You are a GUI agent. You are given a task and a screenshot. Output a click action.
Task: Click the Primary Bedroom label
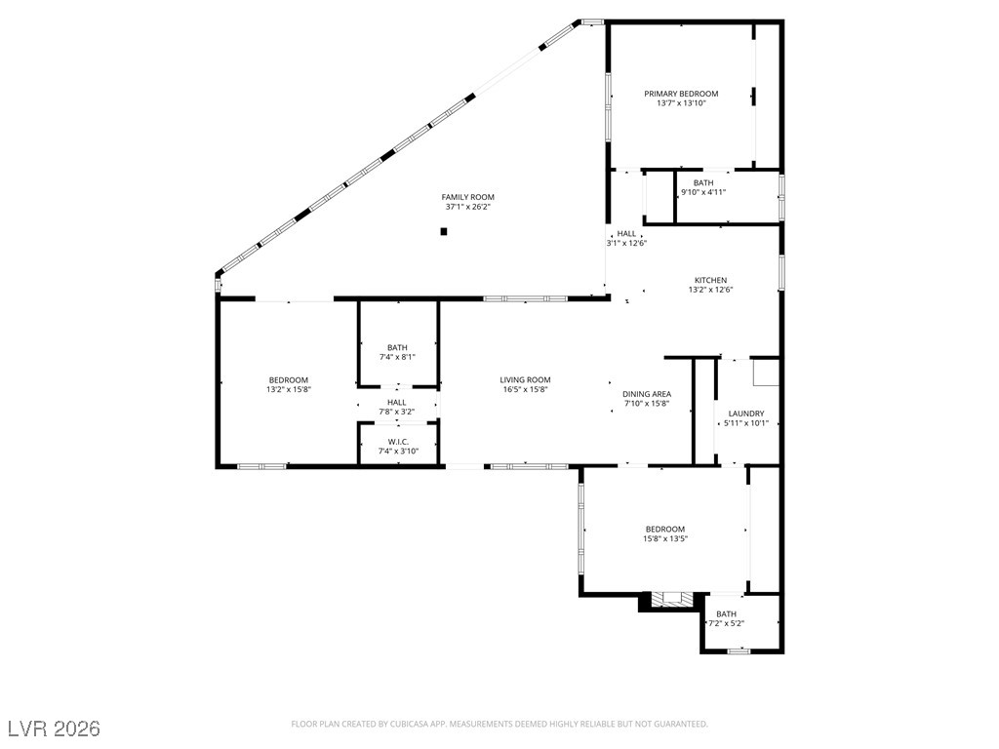point(681,94)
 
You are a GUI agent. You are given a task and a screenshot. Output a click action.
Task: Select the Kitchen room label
point(710,280)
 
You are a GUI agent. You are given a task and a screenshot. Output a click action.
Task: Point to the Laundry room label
point(746,414)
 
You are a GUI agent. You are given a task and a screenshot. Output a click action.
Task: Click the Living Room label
point(526,380)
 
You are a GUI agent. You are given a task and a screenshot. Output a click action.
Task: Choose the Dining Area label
point(648,394)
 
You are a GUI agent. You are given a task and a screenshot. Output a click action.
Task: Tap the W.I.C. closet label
point(397,442)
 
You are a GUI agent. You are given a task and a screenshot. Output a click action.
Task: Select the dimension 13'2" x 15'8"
point(289,390)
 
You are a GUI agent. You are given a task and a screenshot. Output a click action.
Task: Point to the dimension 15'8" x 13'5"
point(665,538)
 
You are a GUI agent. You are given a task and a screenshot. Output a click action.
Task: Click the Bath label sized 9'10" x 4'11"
point(703,182)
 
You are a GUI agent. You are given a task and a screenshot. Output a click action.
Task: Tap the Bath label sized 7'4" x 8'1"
point(397,347)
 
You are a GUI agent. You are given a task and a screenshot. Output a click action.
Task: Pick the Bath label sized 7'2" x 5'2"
point(727,614)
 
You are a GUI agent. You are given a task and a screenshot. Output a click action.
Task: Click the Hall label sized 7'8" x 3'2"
point(397,402)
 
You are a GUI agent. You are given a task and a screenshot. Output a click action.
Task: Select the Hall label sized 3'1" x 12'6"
point(626,234)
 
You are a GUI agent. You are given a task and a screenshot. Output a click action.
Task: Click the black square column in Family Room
point(444,231)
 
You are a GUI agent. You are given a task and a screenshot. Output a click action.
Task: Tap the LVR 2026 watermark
point(54,729)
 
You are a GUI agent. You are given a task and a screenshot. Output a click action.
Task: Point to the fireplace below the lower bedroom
point(671,600)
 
